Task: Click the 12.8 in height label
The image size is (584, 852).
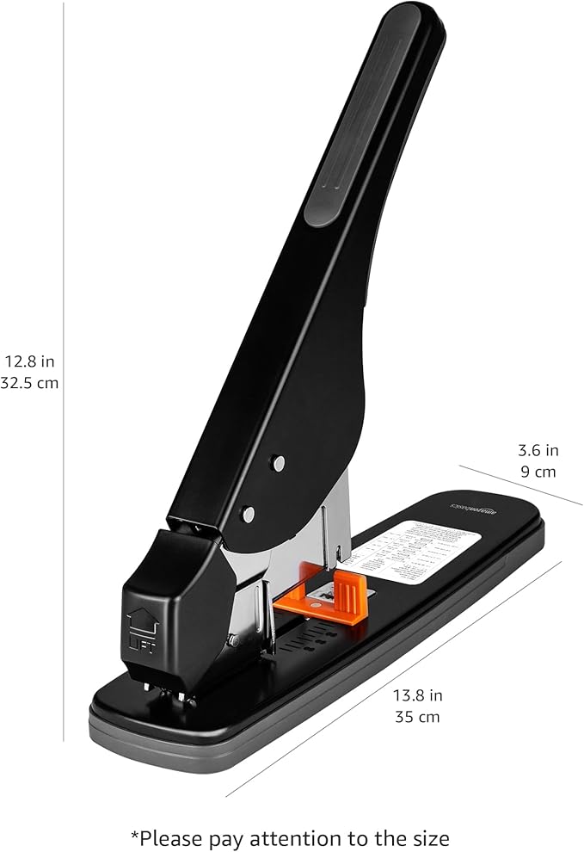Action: coord(29,361)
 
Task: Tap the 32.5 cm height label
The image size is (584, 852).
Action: coord(29,383)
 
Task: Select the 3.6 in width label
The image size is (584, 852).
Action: coord(538,449)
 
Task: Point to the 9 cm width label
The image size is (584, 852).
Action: coord(538,471)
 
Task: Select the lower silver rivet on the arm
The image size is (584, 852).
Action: coord(248,514)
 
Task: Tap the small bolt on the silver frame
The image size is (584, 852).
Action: coord(233,639)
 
